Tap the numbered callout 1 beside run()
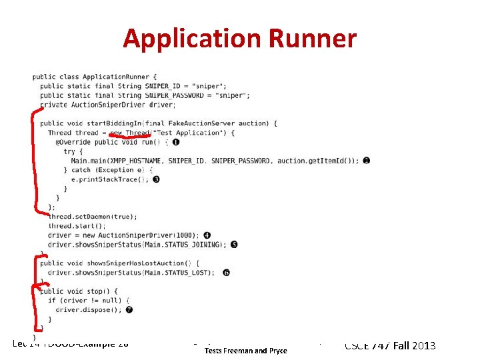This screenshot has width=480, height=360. point(175,142)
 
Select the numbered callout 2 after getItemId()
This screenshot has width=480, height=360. point(367,161)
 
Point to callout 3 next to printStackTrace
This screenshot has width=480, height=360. point(155,179)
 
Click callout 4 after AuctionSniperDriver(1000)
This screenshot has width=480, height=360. point(207,235)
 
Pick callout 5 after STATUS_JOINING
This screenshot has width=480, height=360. point(234,245)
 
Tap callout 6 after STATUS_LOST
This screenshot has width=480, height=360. point(227,273)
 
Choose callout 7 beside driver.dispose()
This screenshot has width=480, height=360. point(129,310)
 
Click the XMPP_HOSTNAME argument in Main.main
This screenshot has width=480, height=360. point(139,161)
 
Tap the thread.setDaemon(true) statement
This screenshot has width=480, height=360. point(93,217)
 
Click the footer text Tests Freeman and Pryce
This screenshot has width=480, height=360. point(245,351)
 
